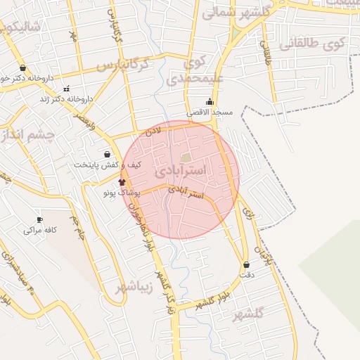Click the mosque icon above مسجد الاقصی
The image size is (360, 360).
[x=210, y=101]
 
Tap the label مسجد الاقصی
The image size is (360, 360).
[x=210, y=112]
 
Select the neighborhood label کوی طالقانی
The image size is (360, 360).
[x=314, y=44]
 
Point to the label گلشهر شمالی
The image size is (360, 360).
[x=237, y=11]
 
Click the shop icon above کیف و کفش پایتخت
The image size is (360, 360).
[x=107, y=154]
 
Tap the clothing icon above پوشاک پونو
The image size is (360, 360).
[x=112, y=182]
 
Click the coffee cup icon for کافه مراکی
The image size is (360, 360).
[x=39, y=219]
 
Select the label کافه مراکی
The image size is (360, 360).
[x=39, y=230]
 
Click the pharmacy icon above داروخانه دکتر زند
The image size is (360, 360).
[x=67, y=89]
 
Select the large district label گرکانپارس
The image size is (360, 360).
[x=123, y=65]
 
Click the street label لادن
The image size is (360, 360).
[x=153, y=131]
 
